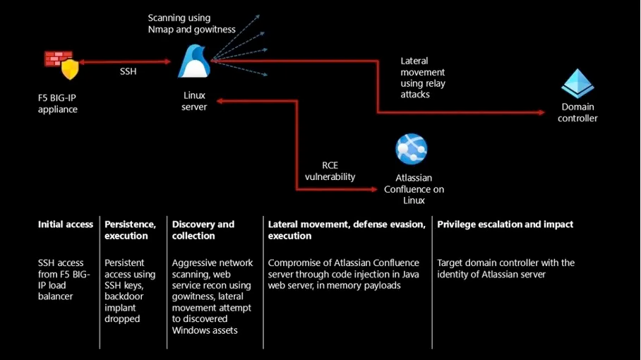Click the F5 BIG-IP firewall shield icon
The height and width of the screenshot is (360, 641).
[x=61, y=64]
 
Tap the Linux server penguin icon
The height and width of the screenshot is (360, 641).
[x=194, y=61]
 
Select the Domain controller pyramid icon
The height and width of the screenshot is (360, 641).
[x=577, y=83]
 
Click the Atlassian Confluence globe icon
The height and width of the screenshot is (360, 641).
[x=412, y=149]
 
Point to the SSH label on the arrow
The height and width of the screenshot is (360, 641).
[x=128, y=71]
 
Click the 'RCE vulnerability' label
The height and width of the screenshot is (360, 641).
[x=330, y=172]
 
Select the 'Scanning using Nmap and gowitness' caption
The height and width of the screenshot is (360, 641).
[x=192, y=24]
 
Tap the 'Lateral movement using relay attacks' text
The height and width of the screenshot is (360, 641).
[x=423, y=78]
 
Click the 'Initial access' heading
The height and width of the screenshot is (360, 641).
[x=66, y=224]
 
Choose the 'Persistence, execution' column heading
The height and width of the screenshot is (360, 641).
[x=130, y=230]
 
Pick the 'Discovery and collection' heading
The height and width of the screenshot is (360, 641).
[x=203, y=230]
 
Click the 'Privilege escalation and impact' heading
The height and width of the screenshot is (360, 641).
[x=505, y=224]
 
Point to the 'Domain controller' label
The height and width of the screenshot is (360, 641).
[x=577, y=112]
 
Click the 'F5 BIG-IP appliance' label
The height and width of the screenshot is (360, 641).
[x=58, y=103]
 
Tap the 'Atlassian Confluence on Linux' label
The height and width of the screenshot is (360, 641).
[x=414, y=189]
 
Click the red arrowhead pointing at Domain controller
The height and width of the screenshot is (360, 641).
[x=541, y=112]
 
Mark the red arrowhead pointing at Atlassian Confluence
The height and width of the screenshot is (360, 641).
[x=373, y=189]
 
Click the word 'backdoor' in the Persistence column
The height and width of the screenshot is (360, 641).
[x=124, y=296]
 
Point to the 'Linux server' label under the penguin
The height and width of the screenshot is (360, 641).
[x=194, y=101]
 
